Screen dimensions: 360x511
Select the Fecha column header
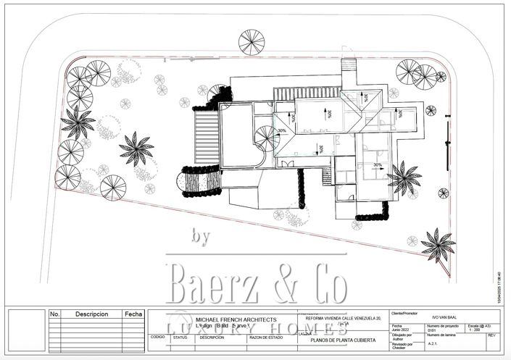tap(133, 314)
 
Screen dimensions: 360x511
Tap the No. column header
tap(55, 314)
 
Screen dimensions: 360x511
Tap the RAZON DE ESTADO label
tap(265, 337)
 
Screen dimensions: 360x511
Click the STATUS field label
tap(180, 337)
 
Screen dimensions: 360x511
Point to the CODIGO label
tap(157, 337)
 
